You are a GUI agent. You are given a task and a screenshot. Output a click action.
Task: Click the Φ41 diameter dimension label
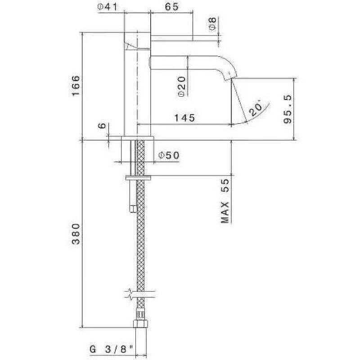point(108,7)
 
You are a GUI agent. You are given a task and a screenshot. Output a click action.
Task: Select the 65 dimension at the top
point(172,7)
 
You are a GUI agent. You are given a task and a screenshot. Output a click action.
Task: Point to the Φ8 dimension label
point(213,23)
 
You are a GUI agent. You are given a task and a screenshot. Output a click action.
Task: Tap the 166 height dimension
point(76,86)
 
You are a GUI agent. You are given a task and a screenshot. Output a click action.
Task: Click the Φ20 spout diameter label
point(182,86)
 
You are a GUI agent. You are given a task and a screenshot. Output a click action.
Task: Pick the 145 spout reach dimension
point(184,118)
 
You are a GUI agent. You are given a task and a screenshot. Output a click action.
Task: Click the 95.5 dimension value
point(288,109)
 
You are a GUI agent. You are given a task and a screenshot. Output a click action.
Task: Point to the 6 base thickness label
point(102,126)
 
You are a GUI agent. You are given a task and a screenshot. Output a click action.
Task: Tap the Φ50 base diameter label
point(169,155)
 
